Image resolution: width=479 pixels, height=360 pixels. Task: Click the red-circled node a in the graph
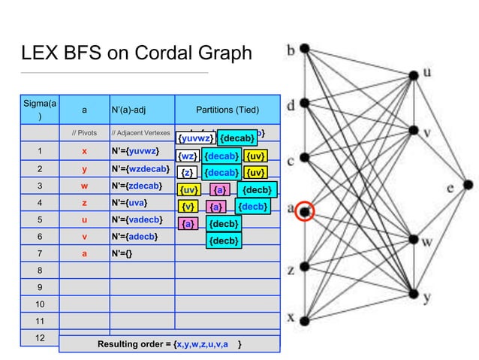pyautogui.click(x=304, y=213)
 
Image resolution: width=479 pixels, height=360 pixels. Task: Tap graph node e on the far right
pyautogui.click(x=468, y=185)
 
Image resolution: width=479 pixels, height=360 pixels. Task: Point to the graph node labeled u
pyautogui.click(x=414, y=74)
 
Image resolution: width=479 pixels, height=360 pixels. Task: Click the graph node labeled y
pyautogui.click(x=414, y=294)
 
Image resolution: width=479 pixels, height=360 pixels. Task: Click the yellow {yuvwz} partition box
pyautogui.click(x=196, y=138)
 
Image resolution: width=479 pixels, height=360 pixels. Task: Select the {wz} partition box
pyautogui.click(x=187, y=156)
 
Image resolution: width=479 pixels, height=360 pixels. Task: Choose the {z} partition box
pyautogui.click(x=187, y=173)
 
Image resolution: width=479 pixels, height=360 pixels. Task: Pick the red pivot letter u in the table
pyautogui.click(x=84, y=219)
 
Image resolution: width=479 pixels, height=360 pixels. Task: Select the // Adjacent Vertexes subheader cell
pyautogui.click(x=141, y=134)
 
